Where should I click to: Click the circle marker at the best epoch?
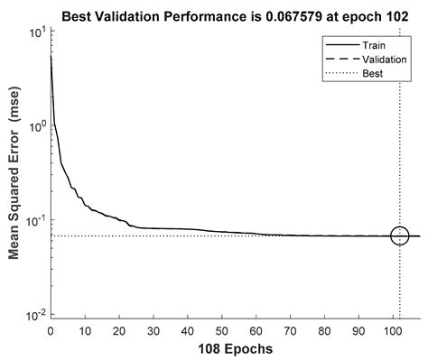399,235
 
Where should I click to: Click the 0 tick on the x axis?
51,329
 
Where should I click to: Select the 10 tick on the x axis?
85,329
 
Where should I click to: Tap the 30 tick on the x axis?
154,329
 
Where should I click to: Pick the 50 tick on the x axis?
222,329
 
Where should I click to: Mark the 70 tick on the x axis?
290,329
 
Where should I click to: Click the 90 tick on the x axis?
358,329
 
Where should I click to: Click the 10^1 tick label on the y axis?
36,32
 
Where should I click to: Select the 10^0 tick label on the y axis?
36,126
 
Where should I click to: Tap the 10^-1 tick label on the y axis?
35,221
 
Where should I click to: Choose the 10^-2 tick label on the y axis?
35,314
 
